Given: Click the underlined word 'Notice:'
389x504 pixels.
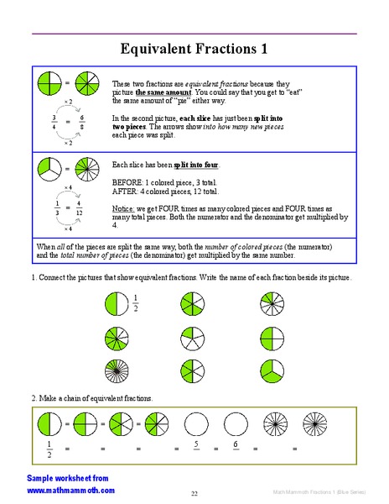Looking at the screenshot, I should tap(123, 207).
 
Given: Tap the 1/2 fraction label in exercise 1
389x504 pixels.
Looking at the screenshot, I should tap(135, 302).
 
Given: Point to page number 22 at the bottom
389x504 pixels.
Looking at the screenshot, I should tap(194, 493).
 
